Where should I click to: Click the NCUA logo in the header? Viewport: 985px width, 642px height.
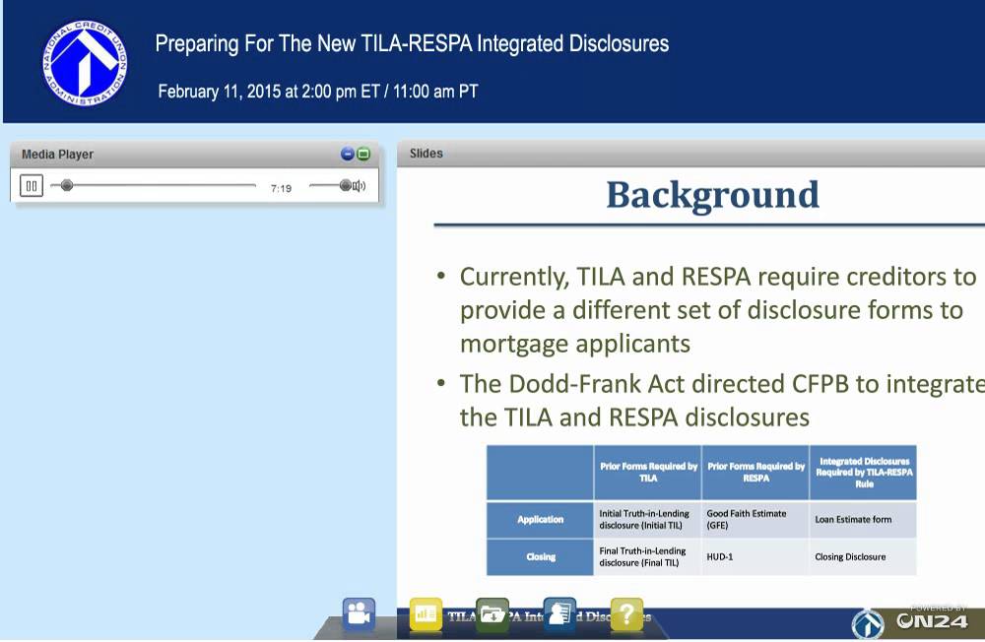pyautogui.click(x=85, y=61)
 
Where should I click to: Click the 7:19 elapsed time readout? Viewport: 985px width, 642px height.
pyautogui.click(x=281, y=188)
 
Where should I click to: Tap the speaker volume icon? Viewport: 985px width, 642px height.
pyautogui.click(x=359, y=186)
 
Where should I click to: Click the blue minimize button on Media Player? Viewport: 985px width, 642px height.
pyautogui.click(x=348, y=155)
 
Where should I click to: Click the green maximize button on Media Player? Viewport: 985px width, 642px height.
pyautogui.click(x=363, y=155)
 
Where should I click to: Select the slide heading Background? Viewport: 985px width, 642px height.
pyautogui.click(x=712, y=195)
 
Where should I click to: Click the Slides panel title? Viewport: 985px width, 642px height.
pyautogui.click(x=427, y=154)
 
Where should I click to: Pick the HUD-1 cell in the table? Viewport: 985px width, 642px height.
pyautogui.click(x=720, y=556)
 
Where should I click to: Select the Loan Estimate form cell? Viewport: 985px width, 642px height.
pyautogui.click(x=853, y=519)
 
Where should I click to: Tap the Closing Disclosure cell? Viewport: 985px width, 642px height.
pyautogui.click(x=850, y=556)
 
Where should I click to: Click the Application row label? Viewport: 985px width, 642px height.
pyautogui.click(x=541, y=519)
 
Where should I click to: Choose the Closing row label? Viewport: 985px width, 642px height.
pyautogui.click(x=541, y=556)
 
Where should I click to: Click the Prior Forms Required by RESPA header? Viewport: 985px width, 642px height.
pyautogui.click(x=755, y=472)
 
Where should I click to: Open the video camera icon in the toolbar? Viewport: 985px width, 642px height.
pyautogui.click(x=359, y=614)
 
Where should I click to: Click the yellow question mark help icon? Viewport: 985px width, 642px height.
pyautogui.click(x=626, y=614)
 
